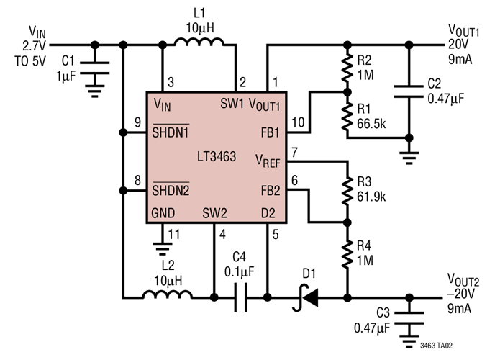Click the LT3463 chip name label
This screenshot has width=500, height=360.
pos(216,156)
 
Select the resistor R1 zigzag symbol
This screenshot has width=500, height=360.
pos(347,116)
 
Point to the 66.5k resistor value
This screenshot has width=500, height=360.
pos(372,123)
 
